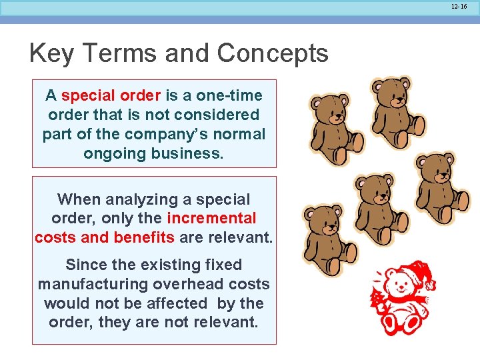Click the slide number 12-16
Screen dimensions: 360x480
tap(459, 6)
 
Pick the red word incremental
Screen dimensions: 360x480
tap(211, 219)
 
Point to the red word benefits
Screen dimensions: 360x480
tap(143, 238)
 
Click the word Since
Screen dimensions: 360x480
tap(85, 265)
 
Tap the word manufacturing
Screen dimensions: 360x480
tap(93, 284)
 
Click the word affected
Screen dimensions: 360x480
tap(177, 303)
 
